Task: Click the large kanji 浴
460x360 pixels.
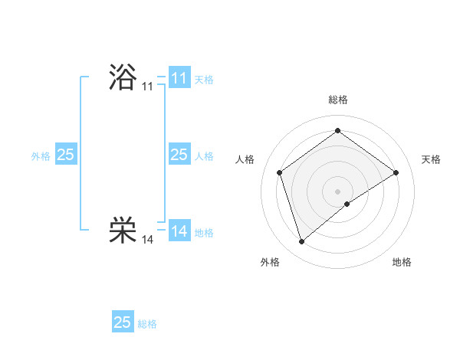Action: coord(123,77)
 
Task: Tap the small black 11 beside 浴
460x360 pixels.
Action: coord(148,87)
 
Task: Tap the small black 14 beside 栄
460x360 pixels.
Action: coord(148,240)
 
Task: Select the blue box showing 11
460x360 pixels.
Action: coord(179,78)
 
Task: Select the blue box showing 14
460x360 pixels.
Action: coord(179,231)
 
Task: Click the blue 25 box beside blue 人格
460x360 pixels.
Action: coord(179,155)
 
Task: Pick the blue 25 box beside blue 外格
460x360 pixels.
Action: coord(66,155)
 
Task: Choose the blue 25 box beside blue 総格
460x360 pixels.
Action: coord(123,322)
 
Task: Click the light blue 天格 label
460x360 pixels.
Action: coord(204,80)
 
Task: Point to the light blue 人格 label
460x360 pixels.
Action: coord(204,156)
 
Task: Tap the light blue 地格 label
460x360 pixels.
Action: coord(204,232)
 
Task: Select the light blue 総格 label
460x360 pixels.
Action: coord(147,324)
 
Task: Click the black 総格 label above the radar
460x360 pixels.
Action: coord(337,100)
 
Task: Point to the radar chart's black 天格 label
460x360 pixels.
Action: coord(431,159)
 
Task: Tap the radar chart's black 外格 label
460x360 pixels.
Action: coord(270,262)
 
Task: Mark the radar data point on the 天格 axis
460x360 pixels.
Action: coord(396,172)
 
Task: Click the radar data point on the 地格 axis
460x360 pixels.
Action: coord(347,204)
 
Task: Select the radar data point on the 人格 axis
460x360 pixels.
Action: coord(280,172)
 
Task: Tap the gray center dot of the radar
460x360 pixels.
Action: coord(337,191)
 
